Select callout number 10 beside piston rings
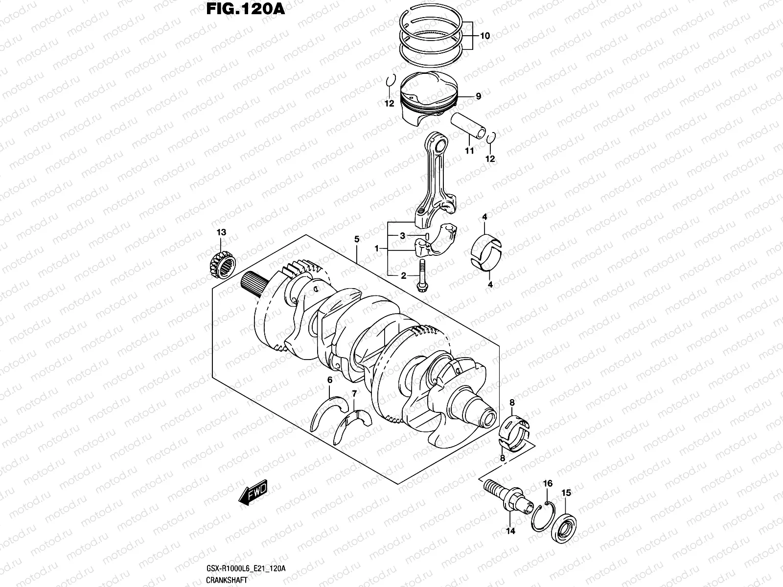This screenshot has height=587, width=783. [x=484, y=36]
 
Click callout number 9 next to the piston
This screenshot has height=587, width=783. [x=478, y=96]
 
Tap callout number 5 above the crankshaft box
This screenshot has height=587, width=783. [x=357, y=239]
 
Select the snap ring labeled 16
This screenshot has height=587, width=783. [x=543, y=517]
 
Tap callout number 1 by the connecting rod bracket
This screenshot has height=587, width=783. [x=377, y=249]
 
